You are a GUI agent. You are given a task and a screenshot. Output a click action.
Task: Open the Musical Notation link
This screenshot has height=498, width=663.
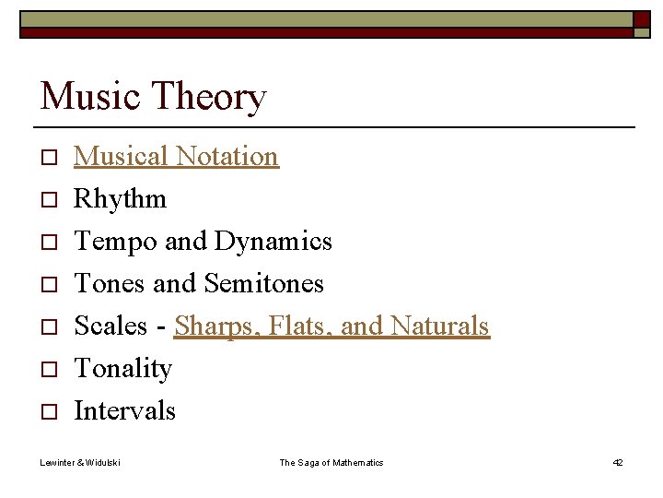176,156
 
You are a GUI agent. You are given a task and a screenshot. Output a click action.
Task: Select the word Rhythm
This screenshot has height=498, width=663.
120,198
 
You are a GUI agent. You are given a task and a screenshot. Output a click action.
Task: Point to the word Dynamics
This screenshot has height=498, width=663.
273,241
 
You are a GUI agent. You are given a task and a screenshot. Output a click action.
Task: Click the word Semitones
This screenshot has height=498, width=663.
263,283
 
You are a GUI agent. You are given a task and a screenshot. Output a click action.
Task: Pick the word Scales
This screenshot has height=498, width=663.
110,326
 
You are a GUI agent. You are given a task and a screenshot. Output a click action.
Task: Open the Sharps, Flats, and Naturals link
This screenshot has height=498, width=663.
331,326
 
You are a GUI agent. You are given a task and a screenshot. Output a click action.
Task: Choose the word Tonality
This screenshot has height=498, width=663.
122,368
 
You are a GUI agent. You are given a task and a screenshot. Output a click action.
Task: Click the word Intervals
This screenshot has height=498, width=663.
124,410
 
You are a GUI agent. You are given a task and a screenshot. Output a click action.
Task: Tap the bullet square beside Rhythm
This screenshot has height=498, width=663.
49,200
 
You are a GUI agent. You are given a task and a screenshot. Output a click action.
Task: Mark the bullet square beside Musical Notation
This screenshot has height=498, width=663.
49,158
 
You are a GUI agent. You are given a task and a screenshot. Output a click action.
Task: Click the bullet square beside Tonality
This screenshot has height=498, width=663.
49,370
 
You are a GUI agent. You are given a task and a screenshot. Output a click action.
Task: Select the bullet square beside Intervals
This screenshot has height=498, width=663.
49,412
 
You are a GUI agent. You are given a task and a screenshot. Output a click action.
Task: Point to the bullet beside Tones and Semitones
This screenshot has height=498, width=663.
49,285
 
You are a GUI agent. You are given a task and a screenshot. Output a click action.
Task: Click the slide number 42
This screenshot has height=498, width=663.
617,462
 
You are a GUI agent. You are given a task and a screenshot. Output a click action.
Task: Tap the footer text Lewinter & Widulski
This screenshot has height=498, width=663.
80,462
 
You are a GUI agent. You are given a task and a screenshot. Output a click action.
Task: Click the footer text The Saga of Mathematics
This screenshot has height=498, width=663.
331,462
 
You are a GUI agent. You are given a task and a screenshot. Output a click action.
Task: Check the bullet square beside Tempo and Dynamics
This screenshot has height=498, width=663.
49,243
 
